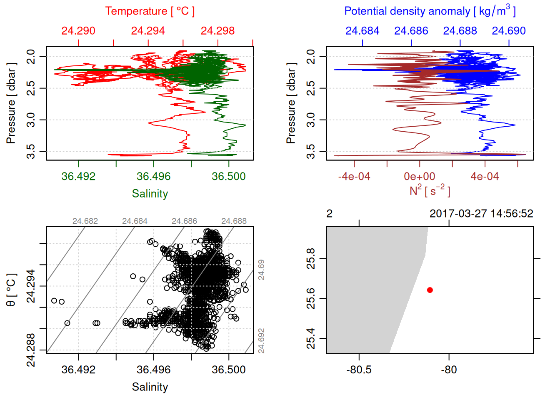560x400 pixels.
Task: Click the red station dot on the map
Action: click(x=430, y=290)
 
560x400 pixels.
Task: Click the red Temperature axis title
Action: click(x=150, y=11)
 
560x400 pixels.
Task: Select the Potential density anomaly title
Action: click(x=430, y=11)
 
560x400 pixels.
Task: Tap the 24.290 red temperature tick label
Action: click(x=78, y=31)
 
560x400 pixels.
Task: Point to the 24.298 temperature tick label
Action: click(x=217, y=31)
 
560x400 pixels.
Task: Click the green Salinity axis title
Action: click(x=150, y=194)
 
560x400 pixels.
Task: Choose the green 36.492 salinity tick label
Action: click(x=78, y=176)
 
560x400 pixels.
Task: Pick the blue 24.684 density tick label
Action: click(x=362, y=31)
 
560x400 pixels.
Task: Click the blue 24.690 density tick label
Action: click(x=509, y=31)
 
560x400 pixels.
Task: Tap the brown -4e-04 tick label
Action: click(x=354, y=176)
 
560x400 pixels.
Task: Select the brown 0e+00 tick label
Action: click(x=420, y=176)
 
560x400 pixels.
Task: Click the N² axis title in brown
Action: click(x=430, y=190)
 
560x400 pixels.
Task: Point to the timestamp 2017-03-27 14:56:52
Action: click(x=481, y=214)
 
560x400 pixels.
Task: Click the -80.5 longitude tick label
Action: click(x=359, y=370)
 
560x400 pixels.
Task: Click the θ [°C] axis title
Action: click(x=11, y=290)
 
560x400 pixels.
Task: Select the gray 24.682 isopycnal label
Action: click(x=85, y=221)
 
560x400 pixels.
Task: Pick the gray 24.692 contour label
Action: click(x=261, y=341)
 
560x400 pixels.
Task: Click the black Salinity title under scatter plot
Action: click(x=150, y=387)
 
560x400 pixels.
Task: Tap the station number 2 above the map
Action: click(x=330, y=214)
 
